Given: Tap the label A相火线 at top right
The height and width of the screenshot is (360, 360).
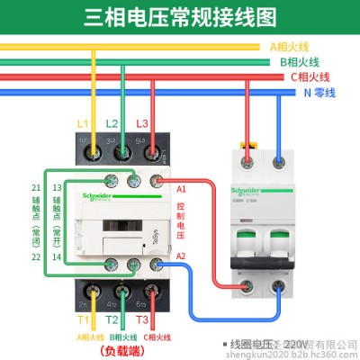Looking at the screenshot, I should coord(290,47).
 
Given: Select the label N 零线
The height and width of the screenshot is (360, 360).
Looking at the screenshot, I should coord(320,92).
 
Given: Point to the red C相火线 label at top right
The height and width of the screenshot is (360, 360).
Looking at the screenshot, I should coord(310,77).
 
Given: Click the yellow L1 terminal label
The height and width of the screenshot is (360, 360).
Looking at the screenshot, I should coord(83,122).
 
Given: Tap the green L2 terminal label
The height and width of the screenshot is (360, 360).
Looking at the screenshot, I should coord(112,122).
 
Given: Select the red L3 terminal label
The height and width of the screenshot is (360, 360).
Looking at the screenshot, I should coord(140,122).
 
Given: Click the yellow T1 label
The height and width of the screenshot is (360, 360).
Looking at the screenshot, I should coord(83,319).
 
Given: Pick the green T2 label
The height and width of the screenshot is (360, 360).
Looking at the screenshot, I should coord(112,319).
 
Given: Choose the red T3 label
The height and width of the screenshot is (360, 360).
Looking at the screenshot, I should coord(140,319).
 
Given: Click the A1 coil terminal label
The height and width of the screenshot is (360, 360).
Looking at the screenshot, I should coord(181,189).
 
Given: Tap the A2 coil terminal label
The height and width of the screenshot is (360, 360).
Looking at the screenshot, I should coord(181,256).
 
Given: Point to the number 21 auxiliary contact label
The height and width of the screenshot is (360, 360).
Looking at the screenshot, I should coord(35,187).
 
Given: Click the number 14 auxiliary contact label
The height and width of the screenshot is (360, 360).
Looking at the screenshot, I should coord(58,257).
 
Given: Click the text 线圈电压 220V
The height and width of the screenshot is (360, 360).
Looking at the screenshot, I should coord(269,344).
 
